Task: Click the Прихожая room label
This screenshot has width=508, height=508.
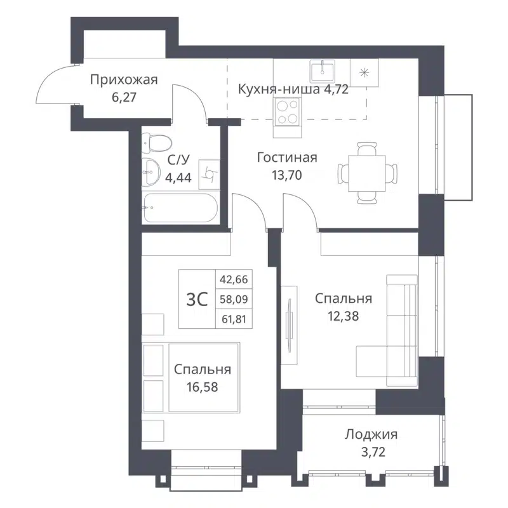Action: pos(123,80)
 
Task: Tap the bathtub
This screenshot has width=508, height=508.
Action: pos(180,208)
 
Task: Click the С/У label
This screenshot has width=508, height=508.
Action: pos(177,161)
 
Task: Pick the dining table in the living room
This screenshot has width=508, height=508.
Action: pos(368,172)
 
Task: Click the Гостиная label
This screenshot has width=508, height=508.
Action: pos(287,157)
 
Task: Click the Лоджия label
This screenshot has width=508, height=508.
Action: pos(371,435)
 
